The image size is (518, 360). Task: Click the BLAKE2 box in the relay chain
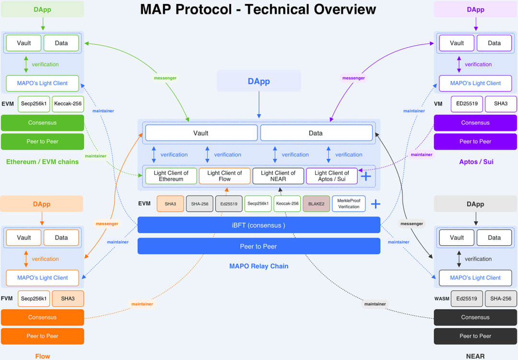[x=316, y=204]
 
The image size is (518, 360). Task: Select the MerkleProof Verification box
[x=349, y=204]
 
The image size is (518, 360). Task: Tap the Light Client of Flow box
[x=224, y=176]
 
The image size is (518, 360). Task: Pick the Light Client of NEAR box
[x=278, y=176]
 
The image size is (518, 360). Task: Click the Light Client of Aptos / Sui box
[x=332, y=176]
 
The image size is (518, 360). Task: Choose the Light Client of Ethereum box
[x=171, y=176]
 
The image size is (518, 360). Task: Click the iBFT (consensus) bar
[x=259, y=225]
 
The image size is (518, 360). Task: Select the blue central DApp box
[x=259, y=81]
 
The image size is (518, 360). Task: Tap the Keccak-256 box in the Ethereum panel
[x=68, y=104]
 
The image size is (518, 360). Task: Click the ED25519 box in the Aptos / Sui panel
[x=467, y=104]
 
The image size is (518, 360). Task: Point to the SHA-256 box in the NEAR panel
[x=501, y=299]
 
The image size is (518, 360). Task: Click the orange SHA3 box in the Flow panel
[x=68, y=299]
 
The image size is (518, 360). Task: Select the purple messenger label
[x=353, y=78]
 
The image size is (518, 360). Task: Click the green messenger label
[x=165, y=78]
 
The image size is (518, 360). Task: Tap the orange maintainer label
[x=142, y=304]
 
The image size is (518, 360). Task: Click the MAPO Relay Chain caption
[x=259, y=266]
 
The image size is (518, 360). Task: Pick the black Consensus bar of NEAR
[x=475, y=317]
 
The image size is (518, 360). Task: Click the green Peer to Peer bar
[x=42, y=142]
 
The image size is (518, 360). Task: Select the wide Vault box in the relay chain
[x=201, y=133]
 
